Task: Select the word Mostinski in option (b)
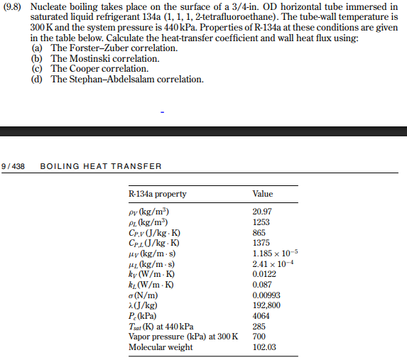point(93,58)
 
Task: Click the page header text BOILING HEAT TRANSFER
point(101,166)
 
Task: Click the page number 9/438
point(13,166)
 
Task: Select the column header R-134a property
point(157,194)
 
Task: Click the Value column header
point(263,194)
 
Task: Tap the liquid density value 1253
point(261,222)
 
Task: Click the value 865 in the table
point(259,232)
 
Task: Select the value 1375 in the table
point(261,242)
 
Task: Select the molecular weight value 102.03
point(264,347)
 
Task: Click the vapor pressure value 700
point(259,337)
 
